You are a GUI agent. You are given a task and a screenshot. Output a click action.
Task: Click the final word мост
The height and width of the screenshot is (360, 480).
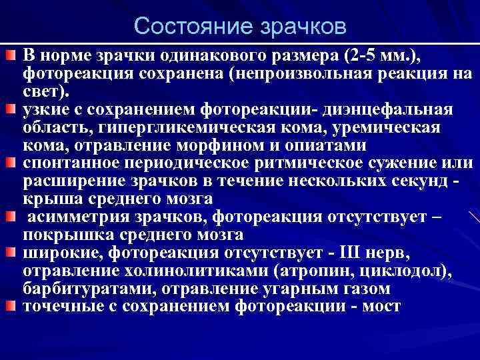(380, 307)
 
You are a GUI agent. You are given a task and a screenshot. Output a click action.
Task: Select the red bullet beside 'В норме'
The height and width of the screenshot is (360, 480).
(12, 53)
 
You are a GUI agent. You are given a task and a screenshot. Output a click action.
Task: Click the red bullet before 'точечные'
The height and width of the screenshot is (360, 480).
(12, 307)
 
